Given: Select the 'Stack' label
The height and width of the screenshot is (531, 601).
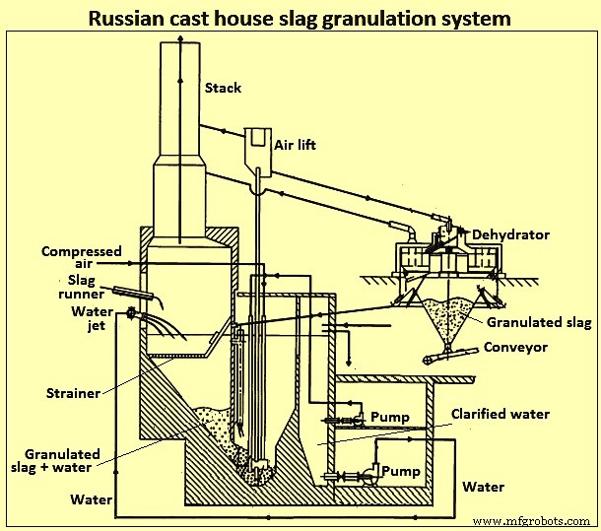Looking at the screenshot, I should pyautogui.click(x=223, y=89).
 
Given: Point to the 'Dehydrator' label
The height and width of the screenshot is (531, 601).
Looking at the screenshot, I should pyautogui.click(x=509, y=234).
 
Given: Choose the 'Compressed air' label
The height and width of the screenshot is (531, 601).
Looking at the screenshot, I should pyautogui.click(x=82, y=258).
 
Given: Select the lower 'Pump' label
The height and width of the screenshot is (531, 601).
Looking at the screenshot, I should pyautogui.click(x=401, y=471).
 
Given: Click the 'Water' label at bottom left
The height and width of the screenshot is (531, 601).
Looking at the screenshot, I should pyautogui.click(x=91, y=499).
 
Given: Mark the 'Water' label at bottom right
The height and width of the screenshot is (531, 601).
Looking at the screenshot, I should pyautogui.click(x=483, y=487).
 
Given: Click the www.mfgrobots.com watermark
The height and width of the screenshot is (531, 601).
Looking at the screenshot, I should pyautogui.click(x=532, y=520).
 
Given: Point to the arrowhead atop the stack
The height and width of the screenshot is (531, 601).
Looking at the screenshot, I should pyautogui.click(x=179, y=36).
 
